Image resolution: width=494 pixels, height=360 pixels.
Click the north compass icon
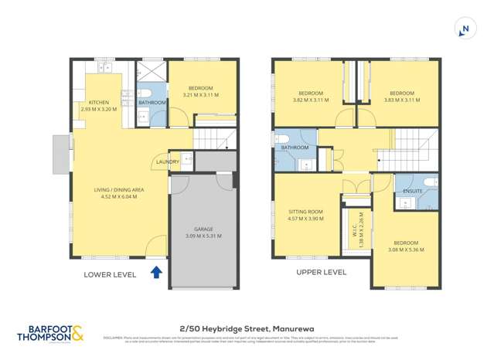465,29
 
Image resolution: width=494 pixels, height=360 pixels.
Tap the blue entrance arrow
157,271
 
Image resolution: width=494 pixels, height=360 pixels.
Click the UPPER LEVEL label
321,272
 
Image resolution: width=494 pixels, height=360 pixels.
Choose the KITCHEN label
98,103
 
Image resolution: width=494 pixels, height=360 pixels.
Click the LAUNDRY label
168,161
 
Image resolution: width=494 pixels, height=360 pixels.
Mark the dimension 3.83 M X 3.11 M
401,100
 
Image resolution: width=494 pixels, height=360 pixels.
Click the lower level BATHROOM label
152,103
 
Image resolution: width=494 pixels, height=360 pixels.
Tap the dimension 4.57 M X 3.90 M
305,218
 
